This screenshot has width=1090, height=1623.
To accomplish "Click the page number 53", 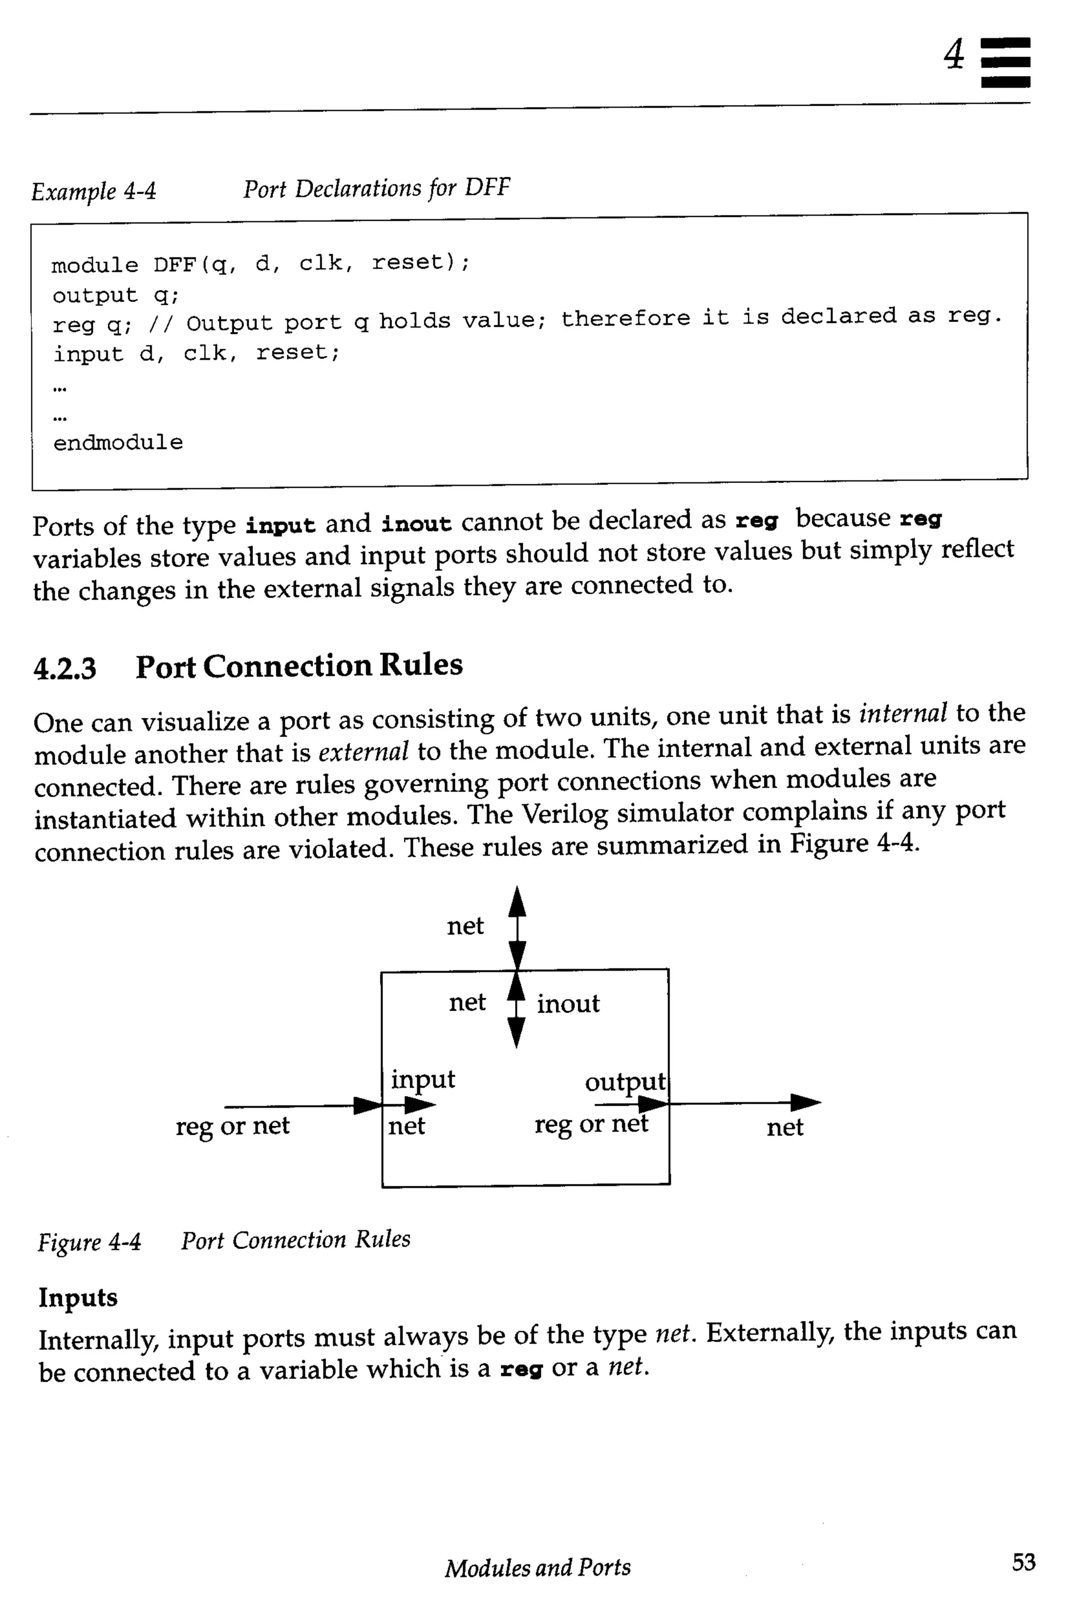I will [x=1023, y=1562].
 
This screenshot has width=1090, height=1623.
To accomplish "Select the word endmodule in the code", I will [x=118, y=442].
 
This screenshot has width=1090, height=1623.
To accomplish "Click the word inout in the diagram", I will [x=567, y=1004].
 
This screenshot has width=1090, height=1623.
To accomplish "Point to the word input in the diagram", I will [x=423, y=1080].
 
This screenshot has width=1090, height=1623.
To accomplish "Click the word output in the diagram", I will [x=625, y=1081].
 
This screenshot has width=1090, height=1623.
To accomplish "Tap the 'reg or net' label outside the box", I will [x=232, y=1125].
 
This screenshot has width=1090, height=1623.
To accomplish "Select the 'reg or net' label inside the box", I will [x=591, y=1123].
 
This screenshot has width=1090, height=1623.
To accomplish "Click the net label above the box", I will [x=465, y=926].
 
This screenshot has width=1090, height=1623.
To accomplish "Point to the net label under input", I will [x=407, y=1126].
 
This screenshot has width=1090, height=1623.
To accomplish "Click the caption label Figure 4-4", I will [x=89, y=1241].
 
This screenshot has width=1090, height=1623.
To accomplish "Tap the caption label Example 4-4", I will [x=94, y=191].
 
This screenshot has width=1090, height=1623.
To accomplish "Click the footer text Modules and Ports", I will [x=538, y=1568].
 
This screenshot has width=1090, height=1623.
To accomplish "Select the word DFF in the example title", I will [x=488, y=187].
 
